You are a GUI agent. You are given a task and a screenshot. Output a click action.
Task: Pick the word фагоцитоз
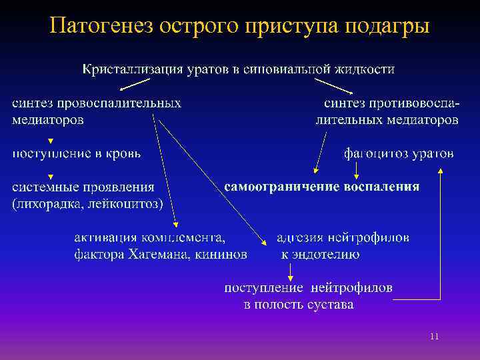(x=375, y=153)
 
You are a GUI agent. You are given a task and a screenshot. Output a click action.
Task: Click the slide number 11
(x=434, y=337)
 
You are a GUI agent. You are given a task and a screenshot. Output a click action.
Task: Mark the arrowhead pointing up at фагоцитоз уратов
(x=439, y=171)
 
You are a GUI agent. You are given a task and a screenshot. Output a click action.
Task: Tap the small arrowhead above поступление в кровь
(x=51, y=141)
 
